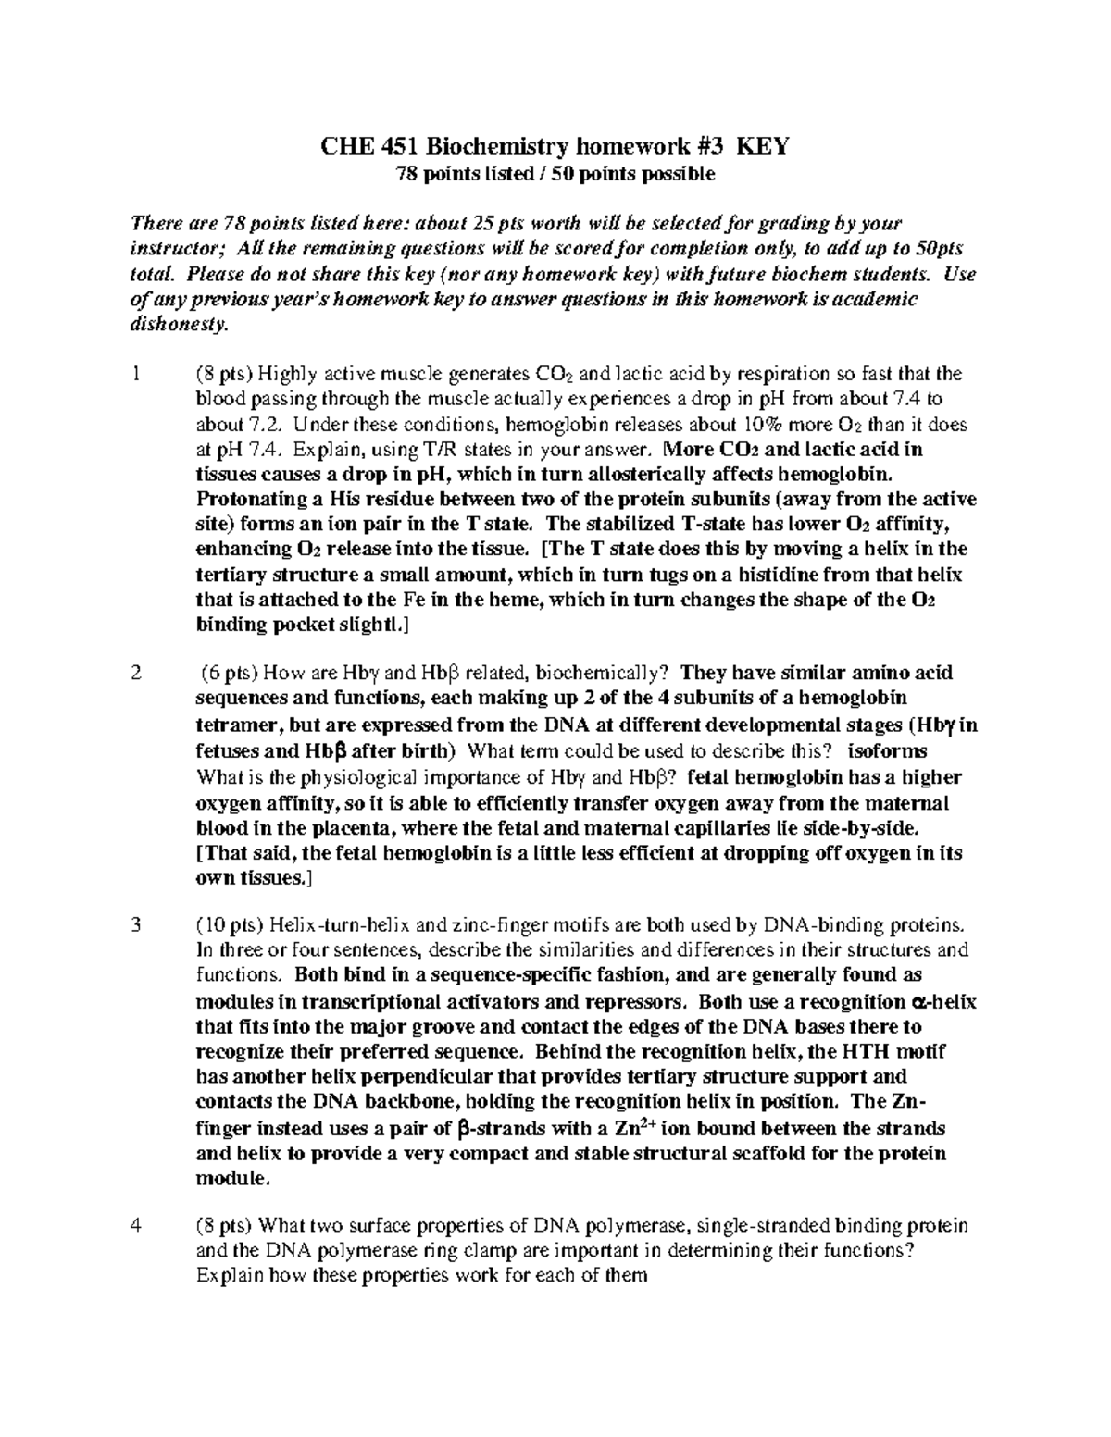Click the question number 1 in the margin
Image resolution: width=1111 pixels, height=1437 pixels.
137,375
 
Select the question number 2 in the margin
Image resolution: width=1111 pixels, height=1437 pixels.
137,674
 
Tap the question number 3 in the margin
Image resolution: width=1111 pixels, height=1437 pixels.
137,924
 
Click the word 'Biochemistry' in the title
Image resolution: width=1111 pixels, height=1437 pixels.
505,146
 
